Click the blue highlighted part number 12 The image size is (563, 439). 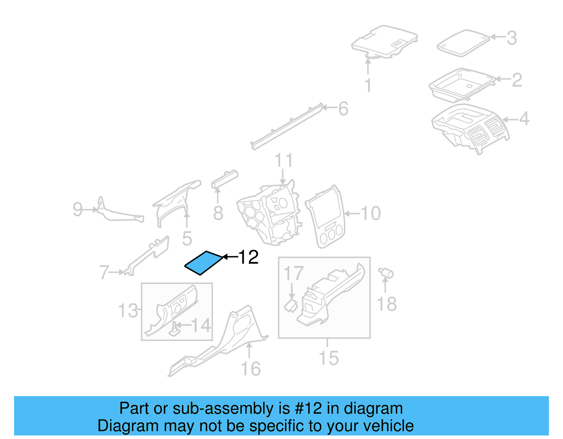204,263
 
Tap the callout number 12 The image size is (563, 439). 248,257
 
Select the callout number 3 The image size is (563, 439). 512,38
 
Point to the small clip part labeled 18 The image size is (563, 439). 386,273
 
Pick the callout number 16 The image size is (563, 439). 251,369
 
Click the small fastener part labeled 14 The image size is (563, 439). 174,330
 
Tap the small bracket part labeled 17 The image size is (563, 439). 291,305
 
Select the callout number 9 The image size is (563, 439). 78,209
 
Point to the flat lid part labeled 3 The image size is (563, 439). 463,43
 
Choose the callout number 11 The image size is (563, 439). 284,161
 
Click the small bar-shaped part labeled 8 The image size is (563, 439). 224,179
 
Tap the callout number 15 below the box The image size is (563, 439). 328,358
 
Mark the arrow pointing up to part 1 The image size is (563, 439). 368,66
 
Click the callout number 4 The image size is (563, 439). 524,119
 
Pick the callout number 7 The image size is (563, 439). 104,272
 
